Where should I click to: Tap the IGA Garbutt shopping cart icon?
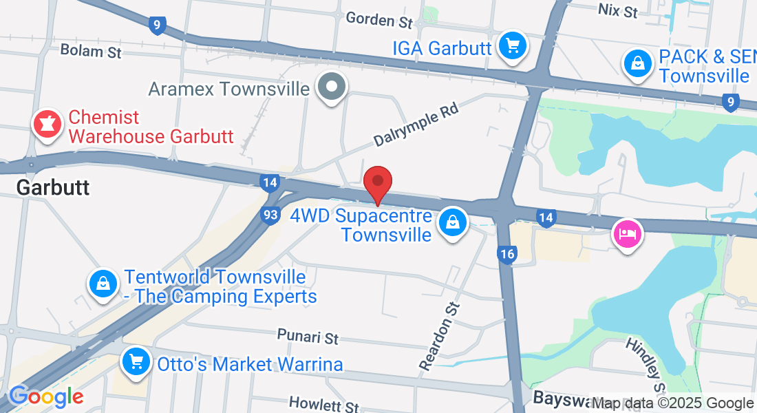tap(512, 47)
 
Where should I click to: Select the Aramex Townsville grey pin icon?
tap(332, 87)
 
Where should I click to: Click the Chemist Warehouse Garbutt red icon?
tap(47, 125)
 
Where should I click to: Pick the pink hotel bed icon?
tap(627, 233)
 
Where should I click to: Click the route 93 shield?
tap(270, 215)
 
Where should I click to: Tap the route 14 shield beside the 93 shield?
tap(270, 182)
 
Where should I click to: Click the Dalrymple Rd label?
tap(416, 125)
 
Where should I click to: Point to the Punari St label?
tap(308, 337)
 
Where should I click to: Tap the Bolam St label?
tap(91, 51)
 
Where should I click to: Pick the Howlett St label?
tap(324, 403)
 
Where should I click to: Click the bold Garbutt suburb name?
tap(53, 187)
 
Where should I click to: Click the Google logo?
tap(46, 397)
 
